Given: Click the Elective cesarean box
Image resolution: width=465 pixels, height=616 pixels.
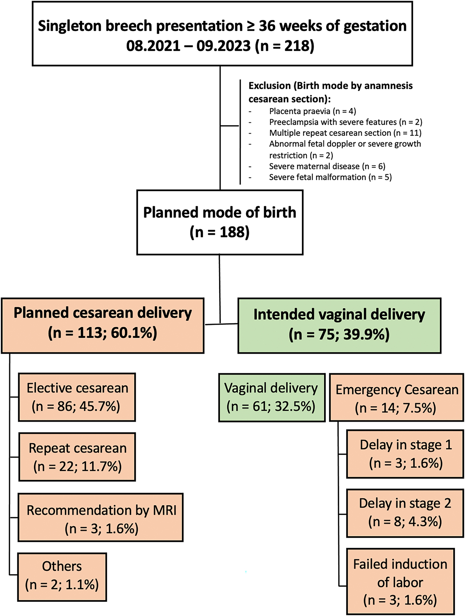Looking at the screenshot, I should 77,397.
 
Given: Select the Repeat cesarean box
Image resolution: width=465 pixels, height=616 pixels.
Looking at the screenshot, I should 77,457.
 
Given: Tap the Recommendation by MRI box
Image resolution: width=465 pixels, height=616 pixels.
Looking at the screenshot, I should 100,518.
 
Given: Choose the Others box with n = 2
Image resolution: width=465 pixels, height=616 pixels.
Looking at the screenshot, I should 62,577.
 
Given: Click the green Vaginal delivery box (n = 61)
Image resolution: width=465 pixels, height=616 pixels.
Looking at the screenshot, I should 272,397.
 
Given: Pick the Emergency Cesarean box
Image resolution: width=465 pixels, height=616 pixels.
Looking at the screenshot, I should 396,398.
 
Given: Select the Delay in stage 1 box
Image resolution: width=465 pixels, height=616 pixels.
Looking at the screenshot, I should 405,454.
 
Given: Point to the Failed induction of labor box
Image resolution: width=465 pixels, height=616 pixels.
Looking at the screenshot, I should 400,582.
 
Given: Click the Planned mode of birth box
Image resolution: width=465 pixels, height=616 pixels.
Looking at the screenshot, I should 220,222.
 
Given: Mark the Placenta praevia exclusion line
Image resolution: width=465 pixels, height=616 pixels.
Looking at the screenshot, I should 312,111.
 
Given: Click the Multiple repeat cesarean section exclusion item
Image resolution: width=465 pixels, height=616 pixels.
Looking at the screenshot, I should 345,133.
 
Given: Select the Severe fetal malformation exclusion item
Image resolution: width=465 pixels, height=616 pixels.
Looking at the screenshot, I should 330,177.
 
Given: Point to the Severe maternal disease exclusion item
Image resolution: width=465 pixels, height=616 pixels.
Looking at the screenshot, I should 327,166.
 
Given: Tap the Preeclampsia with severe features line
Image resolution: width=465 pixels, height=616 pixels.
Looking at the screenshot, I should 345,122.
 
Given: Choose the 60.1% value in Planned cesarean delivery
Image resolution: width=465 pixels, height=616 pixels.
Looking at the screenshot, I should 133,333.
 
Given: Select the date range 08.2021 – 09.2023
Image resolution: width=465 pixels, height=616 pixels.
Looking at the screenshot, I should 188,46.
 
